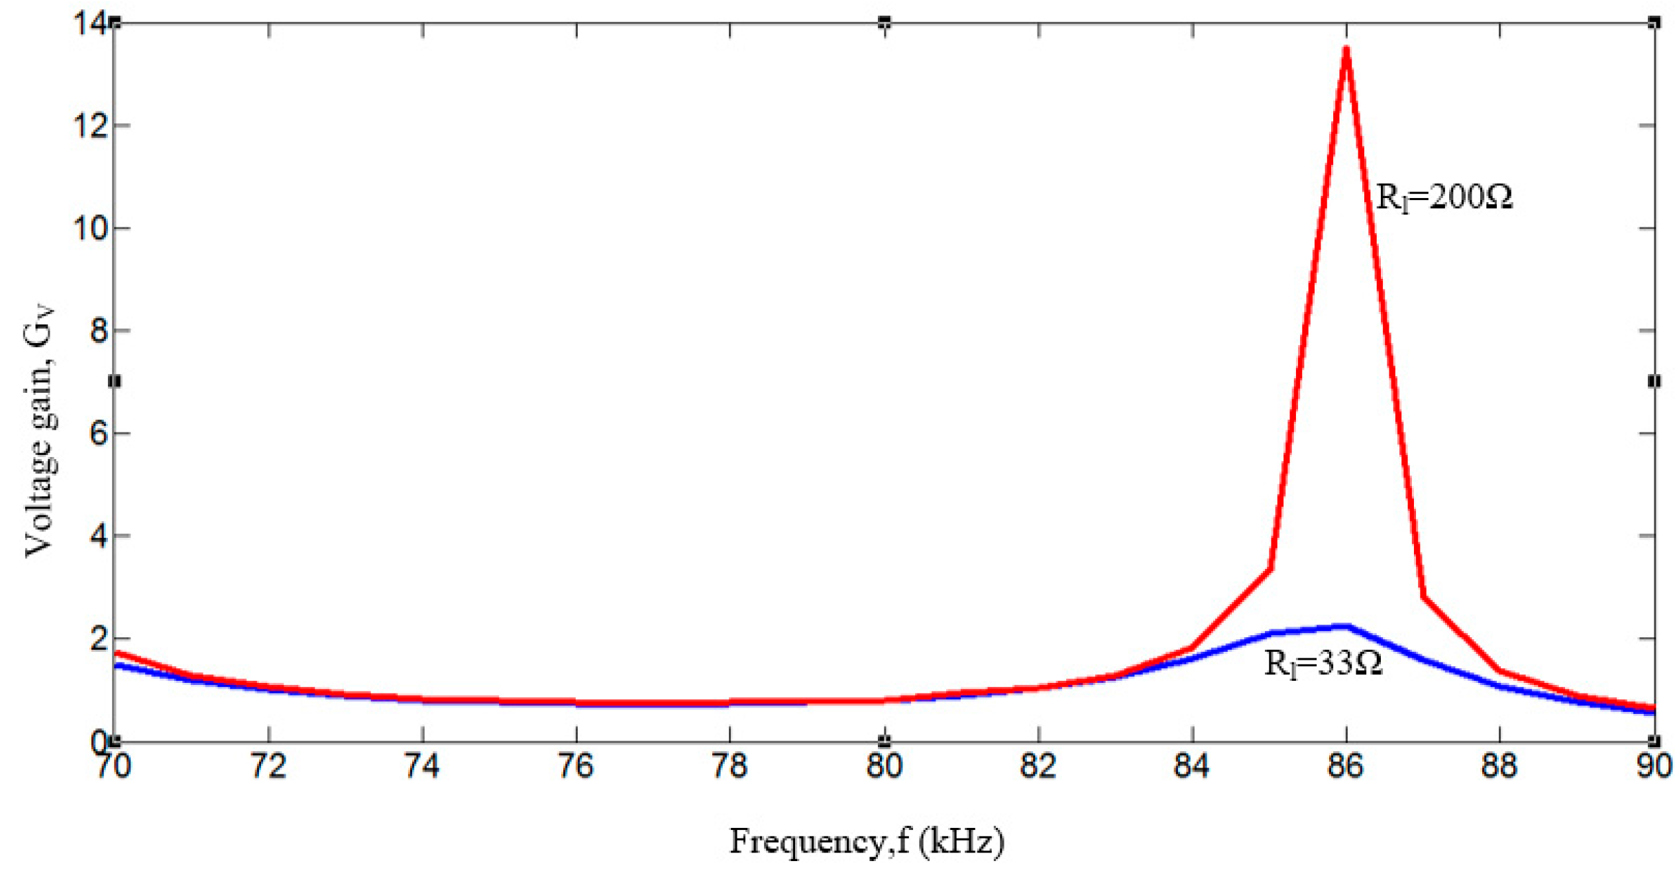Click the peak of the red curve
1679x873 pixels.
coord(1346,48)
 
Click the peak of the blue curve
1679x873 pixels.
coord(1345,626)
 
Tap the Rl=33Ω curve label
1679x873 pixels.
coord(1323,663)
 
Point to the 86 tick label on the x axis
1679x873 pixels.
coord(1346,766)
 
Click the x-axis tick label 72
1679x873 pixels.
coord(268,766)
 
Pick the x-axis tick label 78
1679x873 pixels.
coord(730,766)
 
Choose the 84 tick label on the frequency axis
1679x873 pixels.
coord(1191,766)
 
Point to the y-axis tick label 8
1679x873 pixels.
coord(99,331)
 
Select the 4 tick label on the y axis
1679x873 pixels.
coord(99,536)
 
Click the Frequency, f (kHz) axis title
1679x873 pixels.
coord(867,842)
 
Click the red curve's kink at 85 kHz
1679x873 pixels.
coord(1270,569)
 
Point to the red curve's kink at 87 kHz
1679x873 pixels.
coord(1423,597)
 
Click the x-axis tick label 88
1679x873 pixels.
coord(1499,766)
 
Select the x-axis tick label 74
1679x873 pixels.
coord(422,766)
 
